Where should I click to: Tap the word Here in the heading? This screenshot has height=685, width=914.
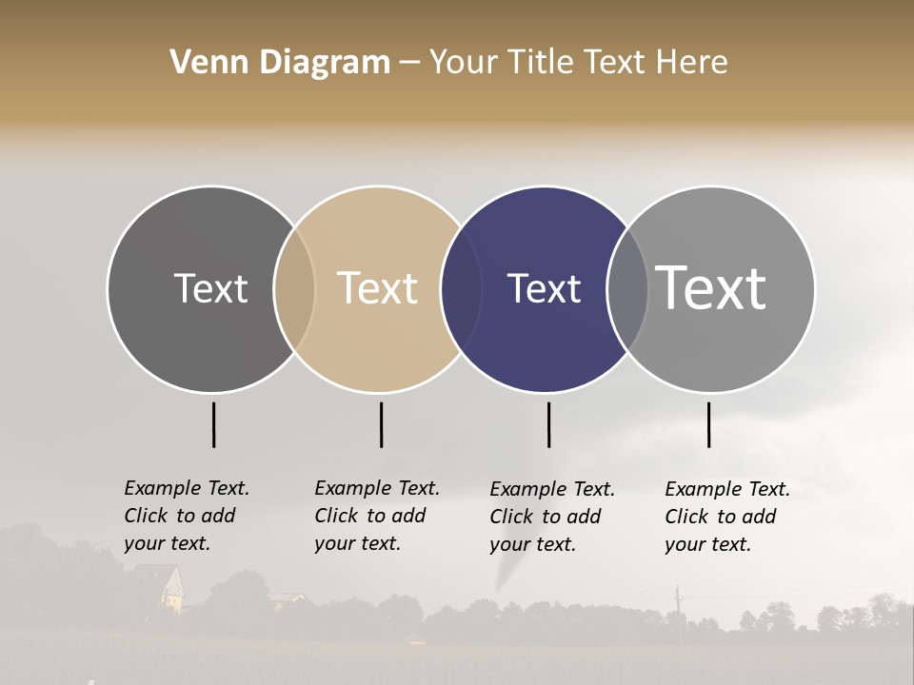[694, 63]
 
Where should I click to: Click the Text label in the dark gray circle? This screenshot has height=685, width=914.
[210, 288]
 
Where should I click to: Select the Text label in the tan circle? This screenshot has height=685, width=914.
[378, 288]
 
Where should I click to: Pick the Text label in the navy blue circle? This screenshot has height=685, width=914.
[544, 288]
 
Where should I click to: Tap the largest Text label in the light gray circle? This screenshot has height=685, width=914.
[711, 288]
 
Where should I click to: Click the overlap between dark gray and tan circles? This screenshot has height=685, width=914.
[294, 289]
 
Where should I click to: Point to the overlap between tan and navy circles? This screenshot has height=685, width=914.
[461, 289]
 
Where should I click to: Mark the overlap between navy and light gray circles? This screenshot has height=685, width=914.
[627, 289]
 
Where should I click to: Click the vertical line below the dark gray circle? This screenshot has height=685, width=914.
[213, 424]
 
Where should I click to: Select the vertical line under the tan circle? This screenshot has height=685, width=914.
[381, 424]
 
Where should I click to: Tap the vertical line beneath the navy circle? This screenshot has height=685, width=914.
[548, 424]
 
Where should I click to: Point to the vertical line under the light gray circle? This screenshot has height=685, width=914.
[708, 424]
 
